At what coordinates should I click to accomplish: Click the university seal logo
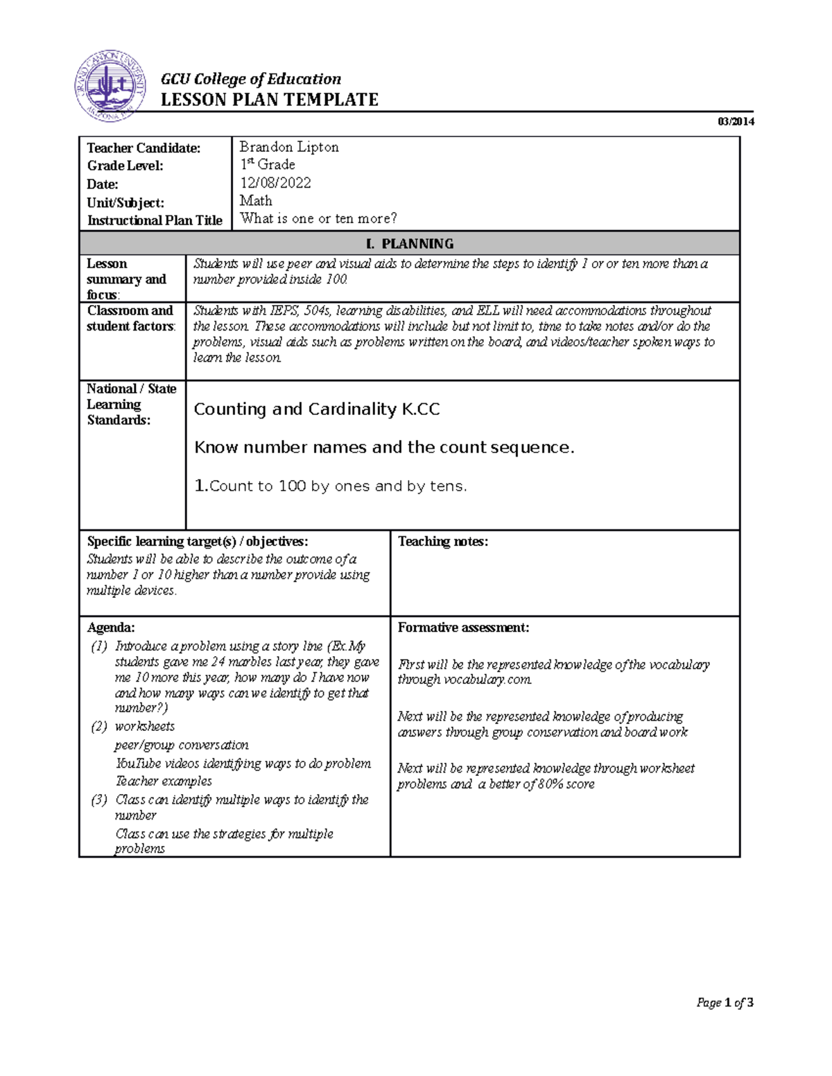tap(110, 86)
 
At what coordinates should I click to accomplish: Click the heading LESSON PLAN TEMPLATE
tap(269, 100)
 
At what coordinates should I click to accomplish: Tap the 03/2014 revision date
tap(736, 122)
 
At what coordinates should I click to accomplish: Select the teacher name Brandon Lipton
tap(289, 147)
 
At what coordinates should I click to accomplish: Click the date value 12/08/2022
tap(275, 183)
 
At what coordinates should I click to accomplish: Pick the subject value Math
tap(256, 201)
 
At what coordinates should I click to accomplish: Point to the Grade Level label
tap(125, 166)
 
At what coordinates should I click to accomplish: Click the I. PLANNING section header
tap(409, 244)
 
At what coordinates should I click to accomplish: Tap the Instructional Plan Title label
tap(155, 220)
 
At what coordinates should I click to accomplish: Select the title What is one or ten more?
tap(318, 219)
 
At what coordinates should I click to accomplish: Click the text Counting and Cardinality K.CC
tap(317, 409)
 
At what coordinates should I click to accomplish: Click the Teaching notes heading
tap(442, 542)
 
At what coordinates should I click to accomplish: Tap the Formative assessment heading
tap(463, 628)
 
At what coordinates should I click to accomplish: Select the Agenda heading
tap(110, 628)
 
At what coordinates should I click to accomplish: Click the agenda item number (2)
tap(99, 727)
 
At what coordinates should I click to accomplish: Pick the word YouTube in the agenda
tap(136, 764)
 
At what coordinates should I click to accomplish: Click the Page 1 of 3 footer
tap(725, 1003)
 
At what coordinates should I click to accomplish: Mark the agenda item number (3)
tap(99, 800)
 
